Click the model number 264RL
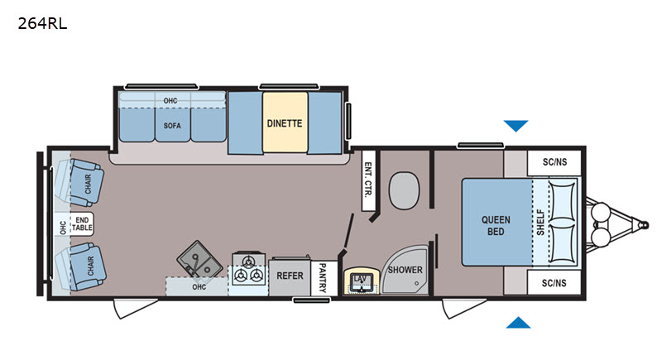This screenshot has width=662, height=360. [42, 24]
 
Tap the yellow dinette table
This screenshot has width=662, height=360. [285, 122]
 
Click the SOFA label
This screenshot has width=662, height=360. [172, 125]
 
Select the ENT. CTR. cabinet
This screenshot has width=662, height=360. [368, 180]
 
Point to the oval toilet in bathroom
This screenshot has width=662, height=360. [404, 190]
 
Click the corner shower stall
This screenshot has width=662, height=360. [405, 269]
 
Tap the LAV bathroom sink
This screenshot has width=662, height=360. [361, 281]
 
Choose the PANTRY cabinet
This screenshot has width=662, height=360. [324, 278]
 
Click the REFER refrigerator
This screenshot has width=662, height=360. [290, 276]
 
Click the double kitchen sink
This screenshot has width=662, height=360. [199, 259]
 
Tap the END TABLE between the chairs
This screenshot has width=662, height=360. [82, 223]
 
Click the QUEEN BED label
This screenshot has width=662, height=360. [496, 225]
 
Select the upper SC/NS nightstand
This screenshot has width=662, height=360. [554, 162]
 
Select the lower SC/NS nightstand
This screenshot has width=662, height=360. [554, 283]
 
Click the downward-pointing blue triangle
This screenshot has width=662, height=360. [516, 126]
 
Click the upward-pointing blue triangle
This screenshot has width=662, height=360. [518, 323]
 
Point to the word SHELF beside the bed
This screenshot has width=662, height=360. [541, 223]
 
